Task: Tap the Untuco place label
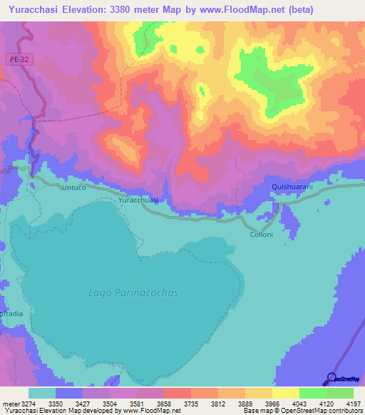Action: tap(73, 187)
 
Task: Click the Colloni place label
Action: tap(261, 235)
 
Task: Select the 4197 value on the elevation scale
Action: tap(354, 404)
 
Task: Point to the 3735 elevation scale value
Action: tap(191, 404)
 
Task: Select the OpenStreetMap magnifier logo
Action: tap(331, 379)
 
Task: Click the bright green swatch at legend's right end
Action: tap(339, 393)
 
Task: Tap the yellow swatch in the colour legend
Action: tap(285, 393)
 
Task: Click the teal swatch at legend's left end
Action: tap(42, 393)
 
